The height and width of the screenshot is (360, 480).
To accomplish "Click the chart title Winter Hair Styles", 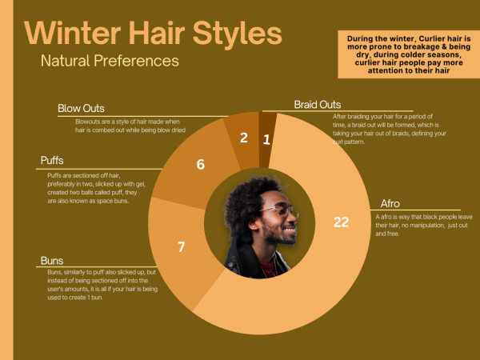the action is point(153,33).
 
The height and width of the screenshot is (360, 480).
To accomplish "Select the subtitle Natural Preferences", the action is point(110,61).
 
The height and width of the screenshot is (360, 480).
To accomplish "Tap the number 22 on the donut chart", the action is point(341,222).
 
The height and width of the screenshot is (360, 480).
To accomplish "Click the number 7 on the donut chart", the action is point(182,246).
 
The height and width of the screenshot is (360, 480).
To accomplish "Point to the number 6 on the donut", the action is point(201,164).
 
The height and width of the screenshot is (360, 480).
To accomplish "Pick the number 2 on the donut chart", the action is point(244,138).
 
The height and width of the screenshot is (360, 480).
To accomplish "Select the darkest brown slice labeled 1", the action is point(267,139).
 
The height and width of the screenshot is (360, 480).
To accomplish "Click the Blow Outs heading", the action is point(81,108).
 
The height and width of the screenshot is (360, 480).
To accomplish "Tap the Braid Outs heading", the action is point(318,105).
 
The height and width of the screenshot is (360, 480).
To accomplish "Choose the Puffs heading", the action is point(52,161).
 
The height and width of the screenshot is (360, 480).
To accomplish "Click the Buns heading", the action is point(52,261).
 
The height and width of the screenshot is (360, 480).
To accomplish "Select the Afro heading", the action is point(390,203).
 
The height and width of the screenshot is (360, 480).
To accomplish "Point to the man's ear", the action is point(254,223).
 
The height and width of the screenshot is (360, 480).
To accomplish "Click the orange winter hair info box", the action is point(409,54).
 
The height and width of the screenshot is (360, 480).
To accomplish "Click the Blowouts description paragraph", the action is point(130,126).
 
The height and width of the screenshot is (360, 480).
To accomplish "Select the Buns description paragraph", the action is point(102,285).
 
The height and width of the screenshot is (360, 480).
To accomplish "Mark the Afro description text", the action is point(424,226).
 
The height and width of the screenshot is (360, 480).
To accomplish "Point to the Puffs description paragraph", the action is point(97,188).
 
